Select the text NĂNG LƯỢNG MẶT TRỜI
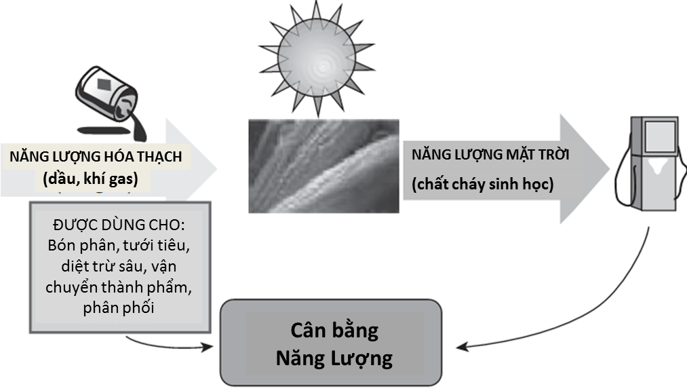pos(490,155)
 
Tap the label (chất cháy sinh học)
pos(482,185)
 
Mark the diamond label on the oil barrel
pos(104,86)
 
